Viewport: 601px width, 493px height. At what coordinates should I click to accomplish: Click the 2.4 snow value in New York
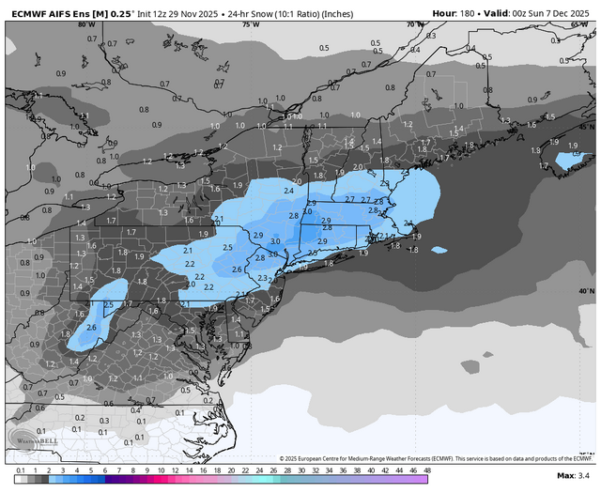click(287, 191)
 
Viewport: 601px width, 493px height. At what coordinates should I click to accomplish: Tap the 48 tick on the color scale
click(427, 470)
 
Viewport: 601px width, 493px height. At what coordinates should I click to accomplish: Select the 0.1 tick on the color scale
click(21, 470)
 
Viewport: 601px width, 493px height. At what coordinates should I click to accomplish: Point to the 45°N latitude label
click(586, 126)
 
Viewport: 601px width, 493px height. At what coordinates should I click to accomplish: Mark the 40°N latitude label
click(586, 291)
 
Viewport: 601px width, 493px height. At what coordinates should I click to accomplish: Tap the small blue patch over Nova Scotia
click(569, 161)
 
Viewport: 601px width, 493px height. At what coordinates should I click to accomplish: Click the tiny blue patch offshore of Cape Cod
click(439, 250)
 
